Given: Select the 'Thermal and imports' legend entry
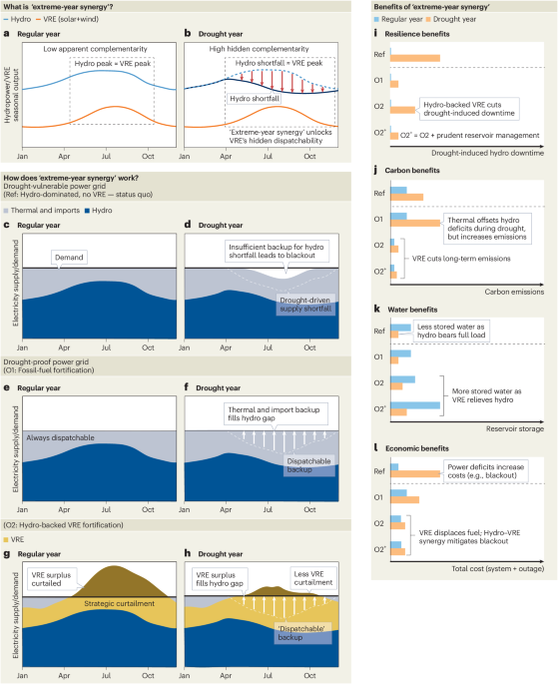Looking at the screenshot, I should pos(42,211).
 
